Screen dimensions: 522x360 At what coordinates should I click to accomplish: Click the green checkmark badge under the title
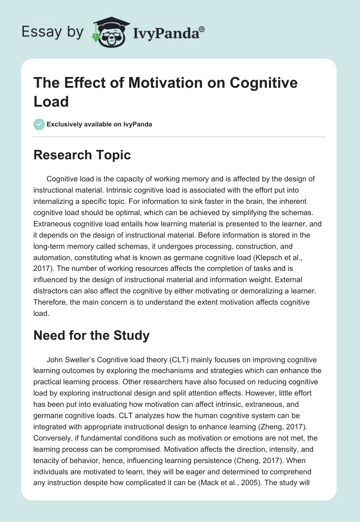[x=39, y=124]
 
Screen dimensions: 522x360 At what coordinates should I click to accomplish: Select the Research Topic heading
[x=82, y=155]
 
